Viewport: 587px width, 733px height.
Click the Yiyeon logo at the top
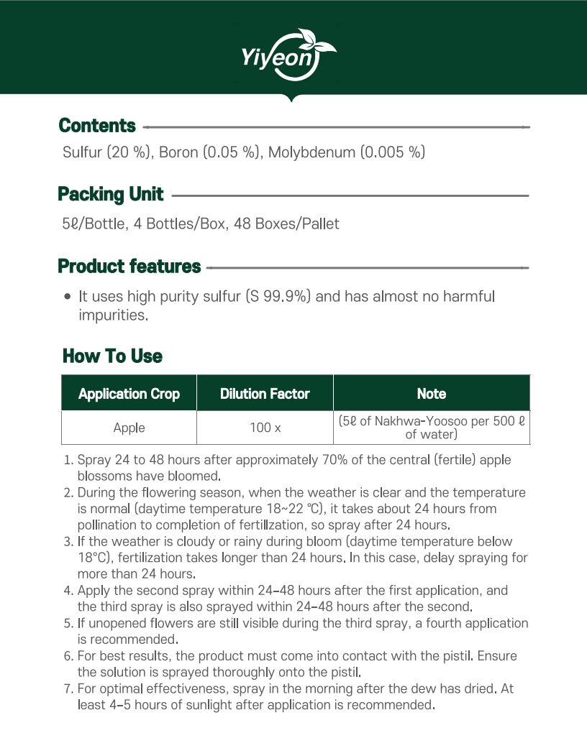click(x=290, y=54)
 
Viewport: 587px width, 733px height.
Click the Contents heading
click(x=97, y=126)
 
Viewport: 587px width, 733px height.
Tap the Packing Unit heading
click(x=111, y=195)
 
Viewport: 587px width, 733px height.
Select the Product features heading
click(x=129, y=267)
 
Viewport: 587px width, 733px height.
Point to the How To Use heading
click(x=112, y=356)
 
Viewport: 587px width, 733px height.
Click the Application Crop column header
click(x=129, y=394)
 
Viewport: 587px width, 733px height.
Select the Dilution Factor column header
click(x=265, y=394)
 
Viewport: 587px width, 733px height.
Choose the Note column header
click(x=432, y=394)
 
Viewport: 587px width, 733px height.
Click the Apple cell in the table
click(x=129, y=428)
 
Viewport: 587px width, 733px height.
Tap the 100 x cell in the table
click(x=265, y=428)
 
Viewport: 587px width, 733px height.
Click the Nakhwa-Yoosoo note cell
click(x=432, y=428)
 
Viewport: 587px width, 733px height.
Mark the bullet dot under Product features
click(x=67, y=296)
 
